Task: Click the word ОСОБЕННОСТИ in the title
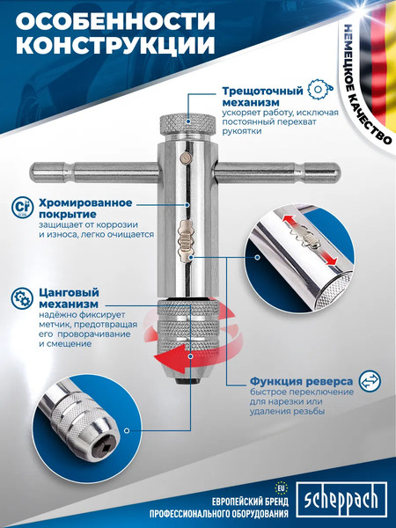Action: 115,21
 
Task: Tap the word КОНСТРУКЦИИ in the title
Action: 115,45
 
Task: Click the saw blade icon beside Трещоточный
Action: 321,89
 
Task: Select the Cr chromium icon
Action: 22,208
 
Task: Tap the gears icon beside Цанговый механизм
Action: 22,298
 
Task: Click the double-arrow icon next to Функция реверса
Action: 370,381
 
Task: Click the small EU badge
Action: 280,488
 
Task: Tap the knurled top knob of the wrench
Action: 187,124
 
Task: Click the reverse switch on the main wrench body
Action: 186,240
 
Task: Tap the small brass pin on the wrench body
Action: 185,156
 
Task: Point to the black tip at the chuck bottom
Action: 187,381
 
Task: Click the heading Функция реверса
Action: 301,382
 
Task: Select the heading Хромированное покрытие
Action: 85,209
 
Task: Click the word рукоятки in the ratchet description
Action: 241,131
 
